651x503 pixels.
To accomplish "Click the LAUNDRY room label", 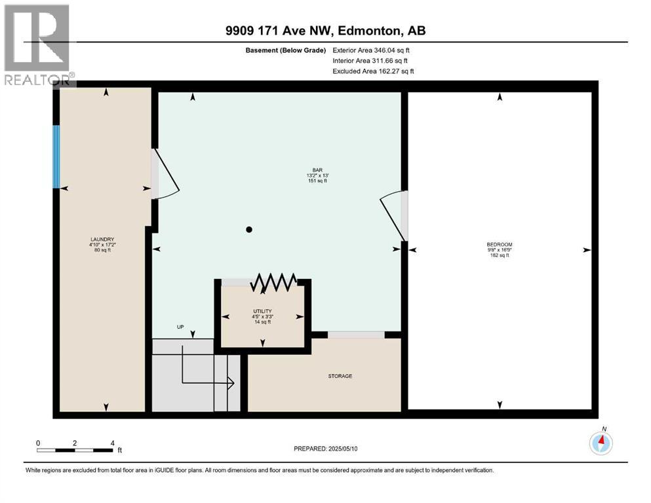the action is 102,239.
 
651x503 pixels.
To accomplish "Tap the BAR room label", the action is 317,170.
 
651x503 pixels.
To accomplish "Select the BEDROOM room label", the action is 500,245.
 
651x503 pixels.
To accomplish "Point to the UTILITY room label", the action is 262,311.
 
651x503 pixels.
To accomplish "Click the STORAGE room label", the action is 340,376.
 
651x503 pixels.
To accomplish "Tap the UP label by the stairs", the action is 180,327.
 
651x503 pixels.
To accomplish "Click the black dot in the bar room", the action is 249,229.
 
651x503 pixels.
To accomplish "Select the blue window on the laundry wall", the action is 56,157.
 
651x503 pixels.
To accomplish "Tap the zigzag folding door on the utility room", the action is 273,283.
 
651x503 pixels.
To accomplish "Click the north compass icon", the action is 601,443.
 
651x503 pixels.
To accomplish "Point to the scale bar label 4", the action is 113,443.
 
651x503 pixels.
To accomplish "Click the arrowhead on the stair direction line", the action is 230,383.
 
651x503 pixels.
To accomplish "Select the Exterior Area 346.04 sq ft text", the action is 371,50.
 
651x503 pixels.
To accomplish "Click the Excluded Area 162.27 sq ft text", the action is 373,71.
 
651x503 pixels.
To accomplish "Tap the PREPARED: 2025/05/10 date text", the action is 325,449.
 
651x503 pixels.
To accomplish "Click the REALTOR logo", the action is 38,45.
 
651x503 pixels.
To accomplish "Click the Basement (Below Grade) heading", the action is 286,50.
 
